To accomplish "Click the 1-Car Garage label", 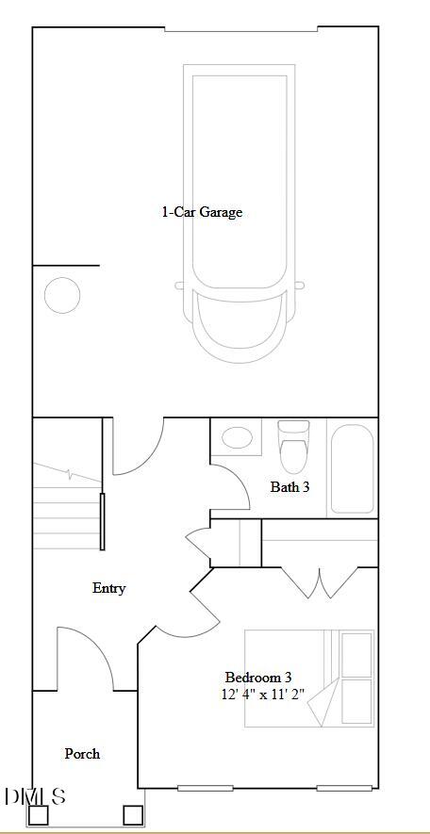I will pos(202,212).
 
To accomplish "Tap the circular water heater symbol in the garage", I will pos(62,295).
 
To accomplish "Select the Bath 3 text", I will pos(289,487).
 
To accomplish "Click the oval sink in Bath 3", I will pos(236,437).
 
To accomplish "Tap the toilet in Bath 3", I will pos(293,447).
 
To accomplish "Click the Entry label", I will pos(108,588).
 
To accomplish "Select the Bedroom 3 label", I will pos(257,677).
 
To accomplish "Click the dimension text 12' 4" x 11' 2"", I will pos(264,694).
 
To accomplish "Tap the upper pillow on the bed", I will pos(356,654).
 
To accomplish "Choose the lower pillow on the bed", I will pos(356,700).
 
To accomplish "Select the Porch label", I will pos(82,754).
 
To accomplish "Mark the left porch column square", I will pos(38,815).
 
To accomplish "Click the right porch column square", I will pos(132,815).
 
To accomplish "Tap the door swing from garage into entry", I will pos(138,447).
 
